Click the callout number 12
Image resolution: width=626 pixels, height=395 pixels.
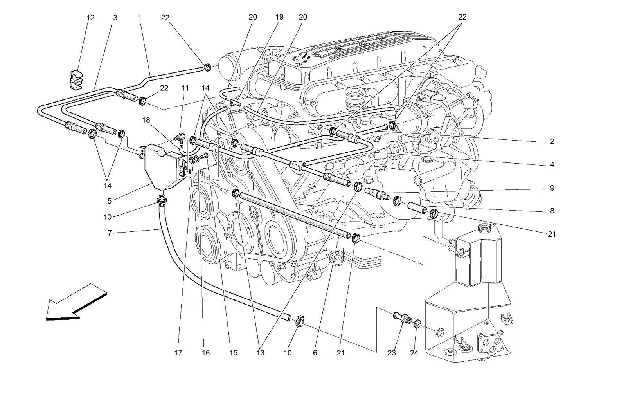pos(90,18)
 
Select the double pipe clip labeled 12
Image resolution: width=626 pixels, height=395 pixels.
pos(76,80)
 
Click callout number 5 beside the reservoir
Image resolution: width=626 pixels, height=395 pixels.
pos(109,201)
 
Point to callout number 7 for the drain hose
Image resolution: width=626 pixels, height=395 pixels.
pos(110,233)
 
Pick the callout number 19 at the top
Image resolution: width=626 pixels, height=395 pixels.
pos(279,17)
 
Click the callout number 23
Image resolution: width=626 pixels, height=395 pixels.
pos(392,353)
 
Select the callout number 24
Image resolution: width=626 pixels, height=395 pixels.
pos(414,353)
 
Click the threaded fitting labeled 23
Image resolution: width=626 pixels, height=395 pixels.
pos(402,318)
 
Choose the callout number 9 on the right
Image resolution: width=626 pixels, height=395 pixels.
pos(552,188)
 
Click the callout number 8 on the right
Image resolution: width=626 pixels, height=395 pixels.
pos(552,211)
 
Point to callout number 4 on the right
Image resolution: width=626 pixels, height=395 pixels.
pos(552,165)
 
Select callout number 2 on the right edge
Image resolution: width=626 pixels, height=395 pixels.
pos(552,141)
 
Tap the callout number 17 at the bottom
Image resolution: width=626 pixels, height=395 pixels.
pos(178,353)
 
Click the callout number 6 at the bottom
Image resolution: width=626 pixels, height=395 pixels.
pos(315,353)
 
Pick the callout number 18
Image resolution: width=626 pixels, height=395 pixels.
pos(146,120)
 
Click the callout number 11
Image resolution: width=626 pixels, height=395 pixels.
pos(185,88)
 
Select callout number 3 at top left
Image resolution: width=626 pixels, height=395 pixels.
pos(115,18)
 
